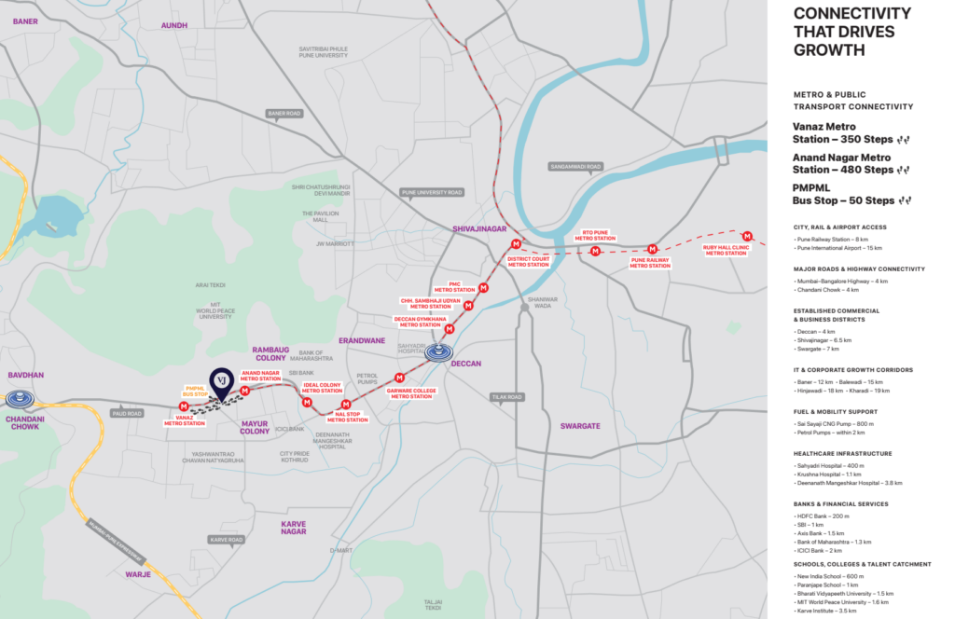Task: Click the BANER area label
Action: point(25,21)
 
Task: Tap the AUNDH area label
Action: point(174,25)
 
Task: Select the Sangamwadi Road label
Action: point(575,167)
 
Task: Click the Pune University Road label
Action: point(432,192)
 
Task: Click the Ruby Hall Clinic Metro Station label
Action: point(727,250)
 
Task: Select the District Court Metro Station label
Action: point(529,261)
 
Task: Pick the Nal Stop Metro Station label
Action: point(347,416)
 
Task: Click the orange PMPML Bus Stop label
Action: point(196,392)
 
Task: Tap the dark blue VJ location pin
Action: point(221,380)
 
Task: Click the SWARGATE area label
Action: point(581,425)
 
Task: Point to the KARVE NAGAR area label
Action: point(293,528)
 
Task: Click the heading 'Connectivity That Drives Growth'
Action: point(851,31)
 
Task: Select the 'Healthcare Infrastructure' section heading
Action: point(842,453)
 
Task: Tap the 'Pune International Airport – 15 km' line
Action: point(839,248)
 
